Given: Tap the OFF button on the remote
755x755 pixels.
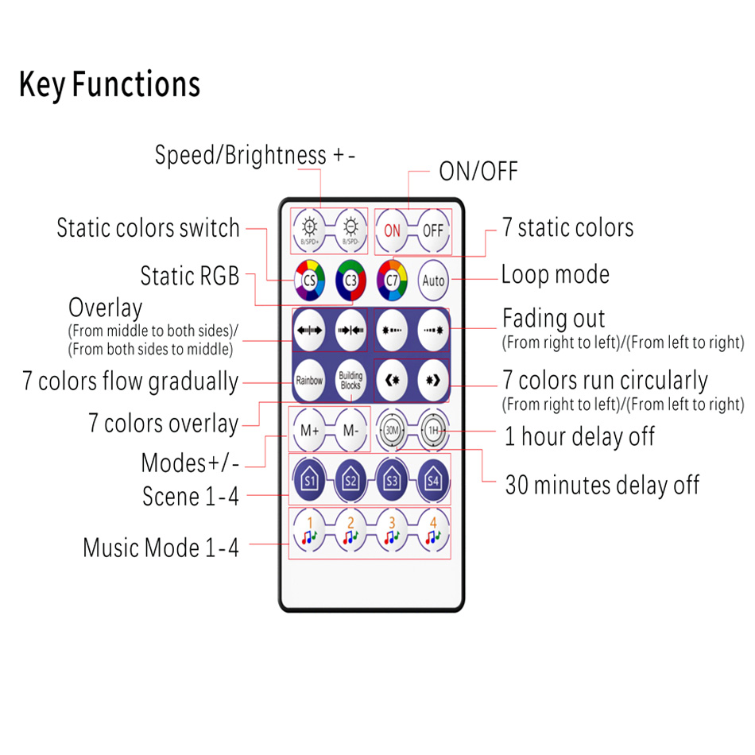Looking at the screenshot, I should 433,231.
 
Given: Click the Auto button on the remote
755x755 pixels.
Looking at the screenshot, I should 434,280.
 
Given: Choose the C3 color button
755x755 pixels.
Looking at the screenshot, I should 350,280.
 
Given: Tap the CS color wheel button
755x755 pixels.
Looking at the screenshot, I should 308,280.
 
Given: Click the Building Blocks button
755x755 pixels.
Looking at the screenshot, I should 350,380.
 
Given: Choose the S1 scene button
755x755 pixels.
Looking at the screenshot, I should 308,479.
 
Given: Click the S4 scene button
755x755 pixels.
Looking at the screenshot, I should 433,479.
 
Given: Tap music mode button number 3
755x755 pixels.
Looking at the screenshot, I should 392,532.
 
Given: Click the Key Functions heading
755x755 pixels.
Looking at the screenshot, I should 110,84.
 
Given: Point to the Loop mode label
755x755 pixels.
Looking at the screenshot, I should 556,275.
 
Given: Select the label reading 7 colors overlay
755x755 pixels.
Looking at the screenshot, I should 164,424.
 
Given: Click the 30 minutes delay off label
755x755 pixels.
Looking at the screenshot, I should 602,485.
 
